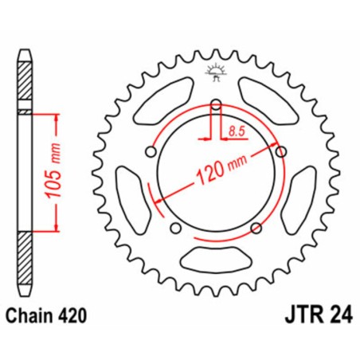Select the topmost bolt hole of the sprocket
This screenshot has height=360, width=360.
(x=216, y=103)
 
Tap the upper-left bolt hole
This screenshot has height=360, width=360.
(x=151, y=151)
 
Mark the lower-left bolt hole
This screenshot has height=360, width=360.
(x=175, y=229)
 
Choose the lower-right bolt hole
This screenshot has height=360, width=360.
(x=256, y=229)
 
